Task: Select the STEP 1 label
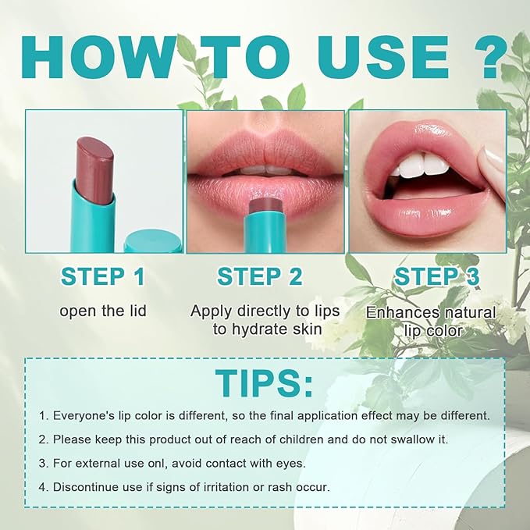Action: click(103, 276)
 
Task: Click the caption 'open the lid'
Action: click(103, 311)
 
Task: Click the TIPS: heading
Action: click(265, 383)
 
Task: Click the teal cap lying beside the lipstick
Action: click(152, 241)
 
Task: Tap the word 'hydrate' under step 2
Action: click(252, 329)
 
